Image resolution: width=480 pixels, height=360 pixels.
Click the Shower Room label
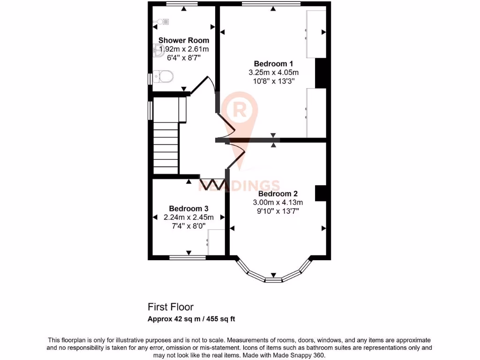coord(184,40)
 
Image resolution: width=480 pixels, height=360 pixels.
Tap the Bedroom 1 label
coord(273,64)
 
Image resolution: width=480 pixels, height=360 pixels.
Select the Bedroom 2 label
coord(277,194)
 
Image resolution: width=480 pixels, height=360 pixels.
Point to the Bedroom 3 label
coord(188,209)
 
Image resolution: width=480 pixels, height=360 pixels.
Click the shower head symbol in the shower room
coord(162,21)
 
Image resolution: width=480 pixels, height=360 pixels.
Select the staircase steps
coord(165,148)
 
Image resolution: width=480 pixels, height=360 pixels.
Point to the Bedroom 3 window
coord(187,257)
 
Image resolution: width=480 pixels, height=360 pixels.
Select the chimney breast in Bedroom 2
coord(321,194)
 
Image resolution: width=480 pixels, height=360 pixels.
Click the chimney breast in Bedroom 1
coord(321,73)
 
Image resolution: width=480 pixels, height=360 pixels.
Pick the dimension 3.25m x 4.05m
coord(273,72)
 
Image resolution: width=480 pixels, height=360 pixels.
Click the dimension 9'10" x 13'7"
coord(277,211)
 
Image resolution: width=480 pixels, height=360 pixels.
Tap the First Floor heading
coord(171,307)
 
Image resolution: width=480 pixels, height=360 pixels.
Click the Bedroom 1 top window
coord(271,4)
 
